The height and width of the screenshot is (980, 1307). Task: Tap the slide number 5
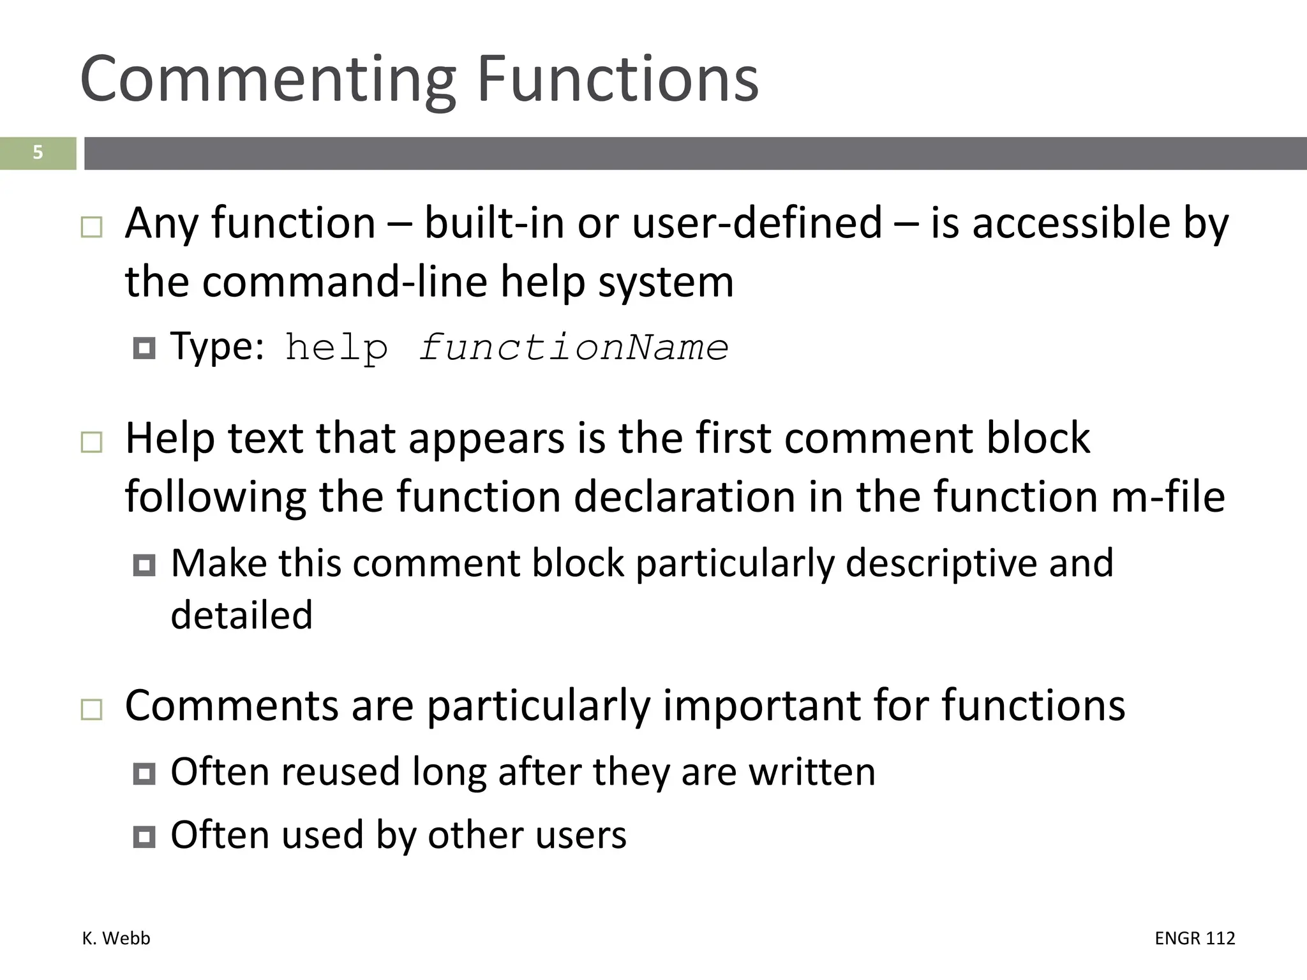[38, 153]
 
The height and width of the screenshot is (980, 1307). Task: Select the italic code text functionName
[574, 348]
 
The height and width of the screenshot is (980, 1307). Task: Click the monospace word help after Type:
[336, 348]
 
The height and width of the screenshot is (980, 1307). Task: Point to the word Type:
[217, 348]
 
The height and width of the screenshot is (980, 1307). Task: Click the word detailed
[242, 615]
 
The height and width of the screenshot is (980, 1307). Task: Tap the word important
[762, 706]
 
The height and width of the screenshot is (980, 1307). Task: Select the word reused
[340, 771]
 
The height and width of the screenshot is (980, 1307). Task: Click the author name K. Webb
[116, 939]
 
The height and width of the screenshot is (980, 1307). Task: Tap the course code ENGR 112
[1195, 939]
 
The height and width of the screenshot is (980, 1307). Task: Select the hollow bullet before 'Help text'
[92, 442]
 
